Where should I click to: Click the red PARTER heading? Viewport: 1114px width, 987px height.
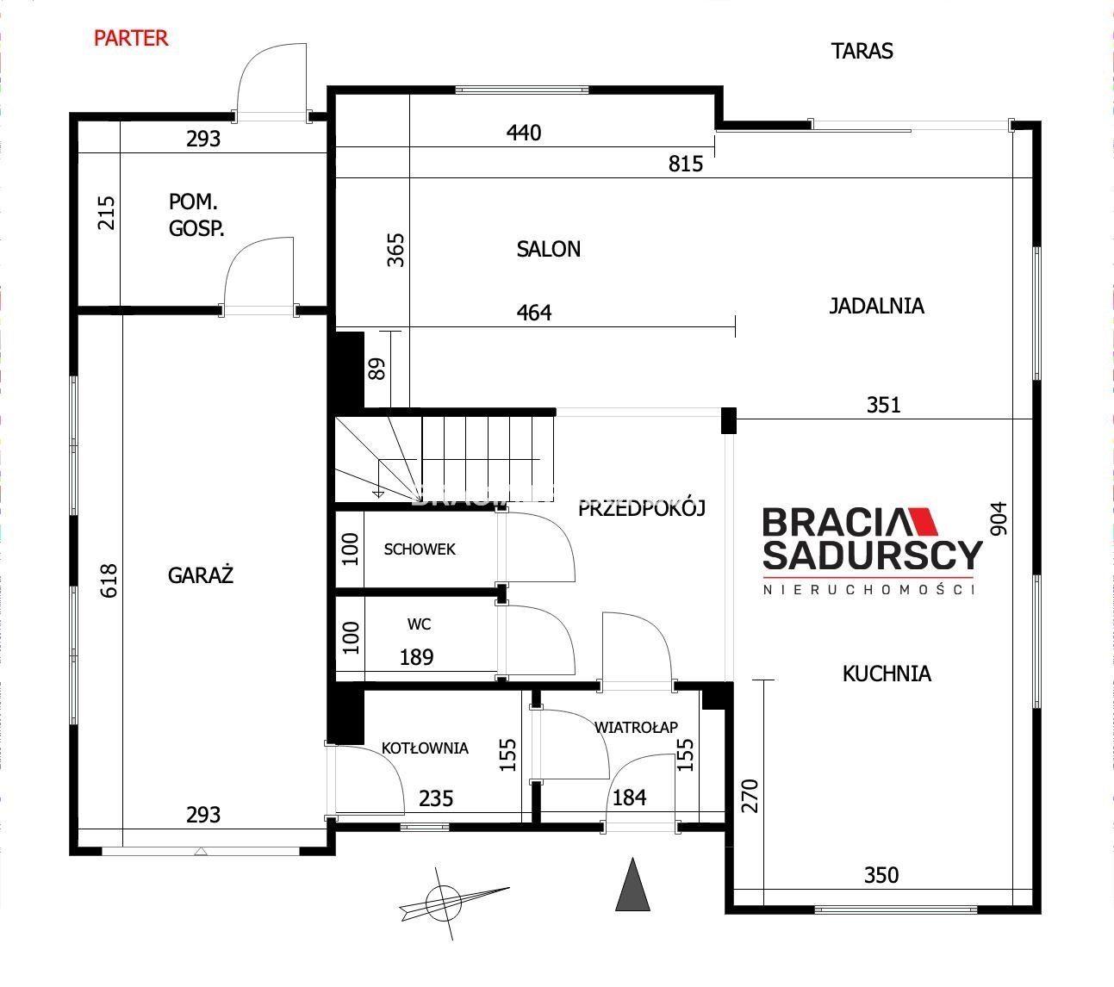(131, 38)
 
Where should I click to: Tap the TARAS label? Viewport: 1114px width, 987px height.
(862, 51)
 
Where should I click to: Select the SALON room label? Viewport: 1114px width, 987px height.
(548, 249)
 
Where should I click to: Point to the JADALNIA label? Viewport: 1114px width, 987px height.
(876, 306)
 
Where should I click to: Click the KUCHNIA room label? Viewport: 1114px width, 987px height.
(887, 674)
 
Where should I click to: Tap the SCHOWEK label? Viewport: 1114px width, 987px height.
(420, 549)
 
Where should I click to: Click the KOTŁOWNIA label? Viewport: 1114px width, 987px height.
(425, 748)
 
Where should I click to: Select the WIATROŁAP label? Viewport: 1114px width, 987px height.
(636, 727)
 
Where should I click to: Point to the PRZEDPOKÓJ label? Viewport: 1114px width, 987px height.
(642, 508)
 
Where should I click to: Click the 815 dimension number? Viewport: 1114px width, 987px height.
(686, 164)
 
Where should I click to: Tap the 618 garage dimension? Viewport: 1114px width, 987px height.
(109, 580)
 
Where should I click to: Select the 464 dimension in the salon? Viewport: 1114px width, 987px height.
(534, 313)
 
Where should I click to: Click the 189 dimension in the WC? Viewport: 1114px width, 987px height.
(416, 657)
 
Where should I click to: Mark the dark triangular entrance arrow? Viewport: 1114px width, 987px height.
(633, 885)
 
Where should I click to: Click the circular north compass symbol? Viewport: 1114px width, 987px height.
(443, 903)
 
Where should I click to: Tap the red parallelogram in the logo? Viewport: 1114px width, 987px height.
(922, 522)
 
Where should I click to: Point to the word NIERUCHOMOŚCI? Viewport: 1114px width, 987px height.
(868, 590)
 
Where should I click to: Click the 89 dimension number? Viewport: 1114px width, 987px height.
(377, 369)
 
